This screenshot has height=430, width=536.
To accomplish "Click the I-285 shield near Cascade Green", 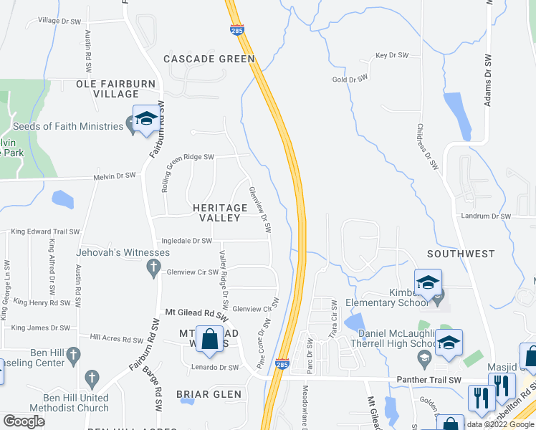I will point(237,30).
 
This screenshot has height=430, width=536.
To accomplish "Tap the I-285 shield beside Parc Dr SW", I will point(282,365).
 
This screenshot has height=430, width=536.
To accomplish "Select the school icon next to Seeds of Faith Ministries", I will point(146,120).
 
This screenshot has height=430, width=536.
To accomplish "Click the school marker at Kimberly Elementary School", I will point(428,282).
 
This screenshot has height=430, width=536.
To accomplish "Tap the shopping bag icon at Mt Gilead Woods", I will point(210,340).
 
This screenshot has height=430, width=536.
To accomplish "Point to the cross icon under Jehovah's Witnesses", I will point(152,269).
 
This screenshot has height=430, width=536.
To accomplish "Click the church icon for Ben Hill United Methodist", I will point(91,378).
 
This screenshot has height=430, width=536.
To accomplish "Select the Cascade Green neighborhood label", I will point(209,59).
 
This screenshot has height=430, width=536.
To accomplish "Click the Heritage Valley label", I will point(220,213).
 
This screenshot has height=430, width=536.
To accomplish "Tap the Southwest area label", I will point(461,254).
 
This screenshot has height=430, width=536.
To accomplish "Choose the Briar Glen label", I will point(210,394).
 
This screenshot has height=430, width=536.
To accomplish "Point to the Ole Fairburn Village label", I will point(116,89).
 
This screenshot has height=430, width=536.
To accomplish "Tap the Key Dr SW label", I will point(392,55).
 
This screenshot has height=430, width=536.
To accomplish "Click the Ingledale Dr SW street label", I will point(187,242).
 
